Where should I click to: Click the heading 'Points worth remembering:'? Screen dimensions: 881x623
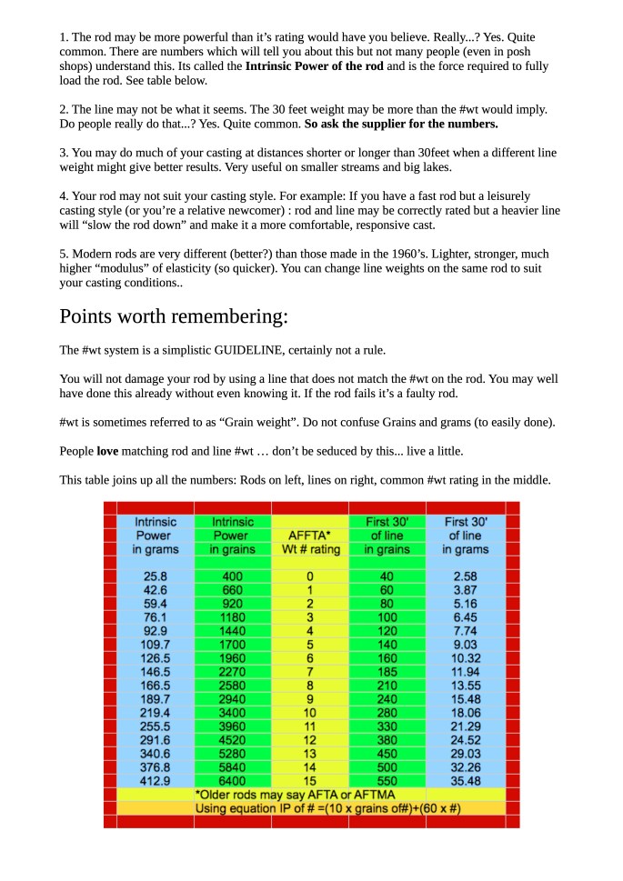click(x=174, y=317)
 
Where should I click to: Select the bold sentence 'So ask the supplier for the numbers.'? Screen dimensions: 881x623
click(x=401, y=123)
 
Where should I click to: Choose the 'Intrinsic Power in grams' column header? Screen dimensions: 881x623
click(x=156, y=536)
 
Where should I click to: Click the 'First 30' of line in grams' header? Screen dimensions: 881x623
click(x=465, y=536)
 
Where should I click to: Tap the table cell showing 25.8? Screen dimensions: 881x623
click(x=156, y=576)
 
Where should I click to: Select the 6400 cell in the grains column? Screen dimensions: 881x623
click(x=232, y=781)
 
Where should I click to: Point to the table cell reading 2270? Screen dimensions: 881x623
click(x=232, y=672)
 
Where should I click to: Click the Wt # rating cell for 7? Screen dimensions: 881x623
click(x=310, y=672)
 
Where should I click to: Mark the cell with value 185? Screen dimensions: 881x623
click(x=387, y=672)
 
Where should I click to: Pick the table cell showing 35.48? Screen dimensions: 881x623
click(x=465, y=781)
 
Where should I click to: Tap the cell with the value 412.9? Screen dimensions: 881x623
click(x=156, y=781)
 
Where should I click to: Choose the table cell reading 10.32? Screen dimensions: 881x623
click(x=465, y=658)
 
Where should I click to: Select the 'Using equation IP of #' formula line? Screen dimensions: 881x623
click(x=310, y=808)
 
